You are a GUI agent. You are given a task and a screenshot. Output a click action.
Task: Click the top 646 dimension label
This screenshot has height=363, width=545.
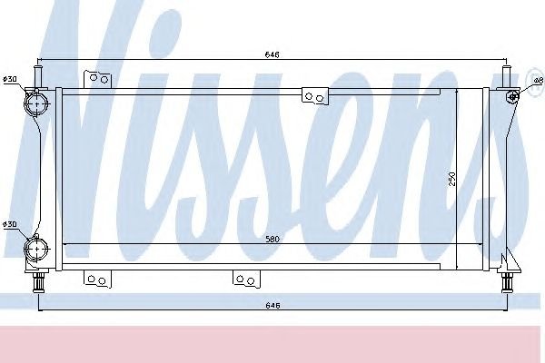point(272,54)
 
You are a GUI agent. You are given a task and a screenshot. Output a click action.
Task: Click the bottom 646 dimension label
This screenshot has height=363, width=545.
point(272,305)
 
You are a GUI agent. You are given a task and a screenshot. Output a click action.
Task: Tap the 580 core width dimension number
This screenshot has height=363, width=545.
point(272,239)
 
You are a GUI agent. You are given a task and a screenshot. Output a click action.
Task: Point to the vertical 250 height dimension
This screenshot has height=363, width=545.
point(451,179)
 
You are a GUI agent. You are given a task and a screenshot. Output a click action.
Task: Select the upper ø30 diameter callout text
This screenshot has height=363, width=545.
point(10,79)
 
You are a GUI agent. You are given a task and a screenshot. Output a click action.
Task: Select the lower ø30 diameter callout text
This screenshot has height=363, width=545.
point(10,224)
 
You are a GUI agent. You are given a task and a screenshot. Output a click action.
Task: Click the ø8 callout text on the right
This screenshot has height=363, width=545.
point(538,81)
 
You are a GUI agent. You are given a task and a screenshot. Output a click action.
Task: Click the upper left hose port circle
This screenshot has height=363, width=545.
point(36,103)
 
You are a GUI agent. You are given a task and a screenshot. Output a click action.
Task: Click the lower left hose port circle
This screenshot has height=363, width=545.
point(36,249)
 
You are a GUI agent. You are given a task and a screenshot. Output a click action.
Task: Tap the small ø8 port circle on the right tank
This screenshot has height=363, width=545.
point(512,96)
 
